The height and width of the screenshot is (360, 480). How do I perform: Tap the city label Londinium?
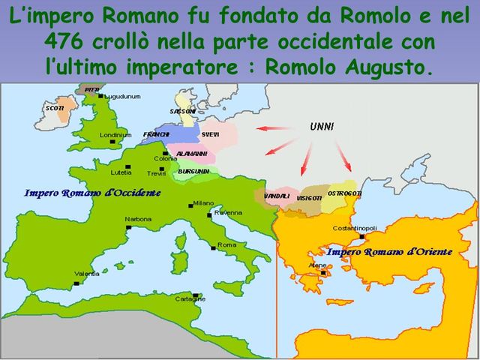point(116,135)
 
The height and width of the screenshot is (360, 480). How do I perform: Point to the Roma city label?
point(226,245)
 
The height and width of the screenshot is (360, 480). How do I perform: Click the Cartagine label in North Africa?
point(190,298)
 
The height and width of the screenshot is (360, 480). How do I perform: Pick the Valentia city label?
point(87,274)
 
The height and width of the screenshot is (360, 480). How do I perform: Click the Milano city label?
point(203,202)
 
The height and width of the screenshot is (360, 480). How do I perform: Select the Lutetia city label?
point(121,172)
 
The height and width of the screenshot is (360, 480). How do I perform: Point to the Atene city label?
point(317,265)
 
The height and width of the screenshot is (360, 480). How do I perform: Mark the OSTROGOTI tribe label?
point(346,193)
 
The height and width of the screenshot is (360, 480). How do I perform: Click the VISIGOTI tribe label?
point(309,197)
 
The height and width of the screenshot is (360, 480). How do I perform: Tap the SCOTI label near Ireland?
point(55,108)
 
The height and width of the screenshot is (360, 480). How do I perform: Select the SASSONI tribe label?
point(182,111)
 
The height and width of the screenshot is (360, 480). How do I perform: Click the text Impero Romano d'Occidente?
point(92,193)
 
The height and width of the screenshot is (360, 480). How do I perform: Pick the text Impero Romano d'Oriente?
point(389,252)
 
